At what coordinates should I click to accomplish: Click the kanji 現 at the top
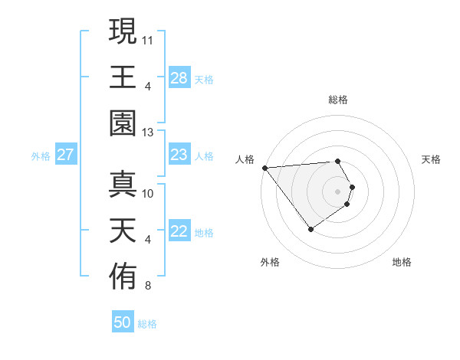(123, 31)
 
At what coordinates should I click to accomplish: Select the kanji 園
(123, 123)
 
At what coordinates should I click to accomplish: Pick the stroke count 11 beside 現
(148, 38)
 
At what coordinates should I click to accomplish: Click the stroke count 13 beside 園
(148, 133)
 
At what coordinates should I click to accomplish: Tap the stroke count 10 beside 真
(148, 193)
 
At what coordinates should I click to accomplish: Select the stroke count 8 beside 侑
(148, 286)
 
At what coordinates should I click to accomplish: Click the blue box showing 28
(179, 78)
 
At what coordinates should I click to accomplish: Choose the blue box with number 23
(179, 155)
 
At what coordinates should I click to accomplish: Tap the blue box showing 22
(179, 232)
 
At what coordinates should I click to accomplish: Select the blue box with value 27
(66, 155)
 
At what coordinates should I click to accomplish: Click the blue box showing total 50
(123, 322)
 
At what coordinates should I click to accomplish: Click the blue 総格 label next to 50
(147, 324)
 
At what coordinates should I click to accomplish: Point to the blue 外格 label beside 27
(41, 156)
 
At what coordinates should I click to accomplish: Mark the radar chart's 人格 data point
(264, 168)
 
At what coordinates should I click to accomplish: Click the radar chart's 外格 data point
(310, 229)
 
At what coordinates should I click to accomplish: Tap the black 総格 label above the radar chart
(337, 100)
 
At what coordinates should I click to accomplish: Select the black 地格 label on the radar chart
(402, 262)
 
